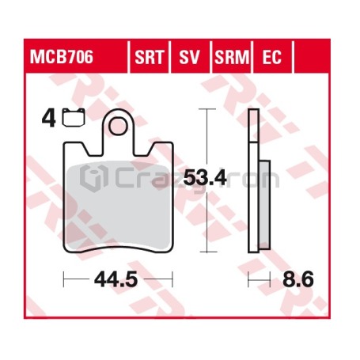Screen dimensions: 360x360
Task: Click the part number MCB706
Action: click(62, 57)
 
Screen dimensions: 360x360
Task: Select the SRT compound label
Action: click(150, 57)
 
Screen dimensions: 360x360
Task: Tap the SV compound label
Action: click(189, 57)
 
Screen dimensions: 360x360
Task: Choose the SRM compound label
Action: click(232, 57)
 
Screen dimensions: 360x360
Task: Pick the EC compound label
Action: click(272, 57)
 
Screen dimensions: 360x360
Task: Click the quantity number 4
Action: click(49, 118)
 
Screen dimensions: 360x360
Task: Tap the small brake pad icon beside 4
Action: click(74, 117)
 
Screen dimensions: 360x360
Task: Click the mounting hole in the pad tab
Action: click(119, 126)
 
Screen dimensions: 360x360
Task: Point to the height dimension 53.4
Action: click(205, 178)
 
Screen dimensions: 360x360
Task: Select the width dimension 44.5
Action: click(116, 279)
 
